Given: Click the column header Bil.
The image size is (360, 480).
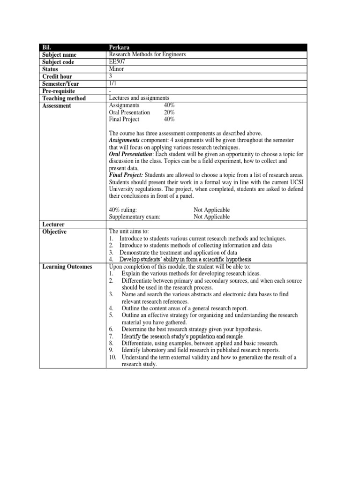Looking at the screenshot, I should pyautogui.click(x=46, y=47).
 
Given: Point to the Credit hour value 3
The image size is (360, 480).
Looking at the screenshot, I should pyautogui.click(x=110, y=76).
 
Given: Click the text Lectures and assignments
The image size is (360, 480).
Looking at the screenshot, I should pyautogui.click(x=138, y=98).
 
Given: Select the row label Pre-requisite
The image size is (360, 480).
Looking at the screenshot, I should pyautogui.click(x=59, y=91).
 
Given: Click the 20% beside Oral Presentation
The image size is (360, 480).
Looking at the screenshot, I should pyautogui.click(x=169, y=112).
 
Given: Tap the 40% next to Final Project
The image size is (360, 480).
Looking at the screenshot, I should pyautogui.click(x=169, y=120).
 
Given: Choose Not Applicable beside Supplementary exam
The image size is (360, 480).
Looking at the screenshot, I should pyautogui.click(x=211, y=217).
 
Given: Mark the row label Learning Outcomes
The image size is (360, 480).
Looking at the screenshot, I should pyautogui.click(x=67, y=267).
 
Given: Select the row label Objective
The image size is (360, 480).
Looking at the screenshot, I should pyautogui.click(x=54, y=232).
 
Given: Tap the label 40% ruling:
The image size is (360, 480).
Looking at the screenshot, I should pyautogui.click(x=123, y=210).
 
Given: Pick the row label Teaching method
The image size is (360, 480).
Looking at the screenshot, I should pyautogui.click(x=64, y=98).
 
